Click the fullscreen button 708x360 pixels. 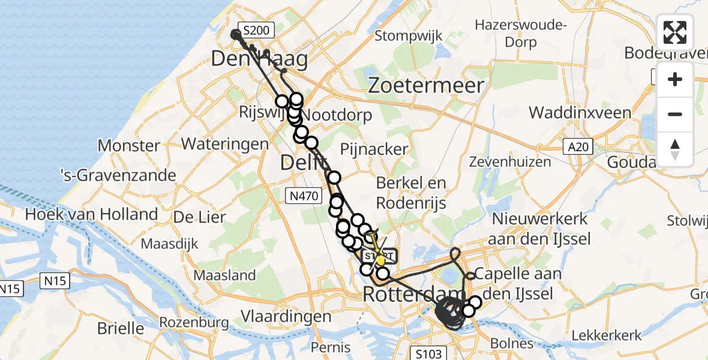tap(675, 32)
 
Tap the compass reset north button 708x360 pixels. tap(675, 149)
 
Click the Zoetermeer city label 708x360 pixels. tap(426, 85)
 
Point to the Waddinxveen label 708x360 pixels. tap(580, 113)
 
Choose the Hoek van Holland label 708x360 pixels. tap(91, 214)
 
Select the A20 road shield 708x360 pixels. tap(578, 146)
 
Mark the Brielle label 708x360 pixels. tap(122, 328)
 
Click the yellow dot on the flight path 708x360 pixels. tap(380, 260)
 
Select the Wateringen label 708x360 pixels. tap(224, 144)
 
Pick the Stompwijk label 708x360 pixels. tap(409, 36)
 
